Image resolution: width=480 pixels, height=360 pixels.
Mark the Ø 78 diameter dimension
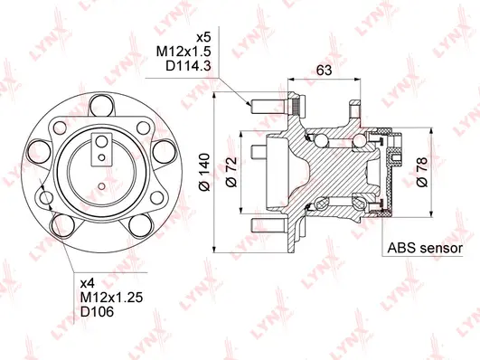pyautogui.click(x=422, y=167)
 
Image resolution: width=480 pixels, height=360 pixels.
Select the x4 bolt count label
pyautogui.click(x=88, y=281)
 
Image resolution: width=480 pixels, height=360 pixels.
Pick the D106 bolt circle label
pyautogui.click(x=96, y=312)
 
